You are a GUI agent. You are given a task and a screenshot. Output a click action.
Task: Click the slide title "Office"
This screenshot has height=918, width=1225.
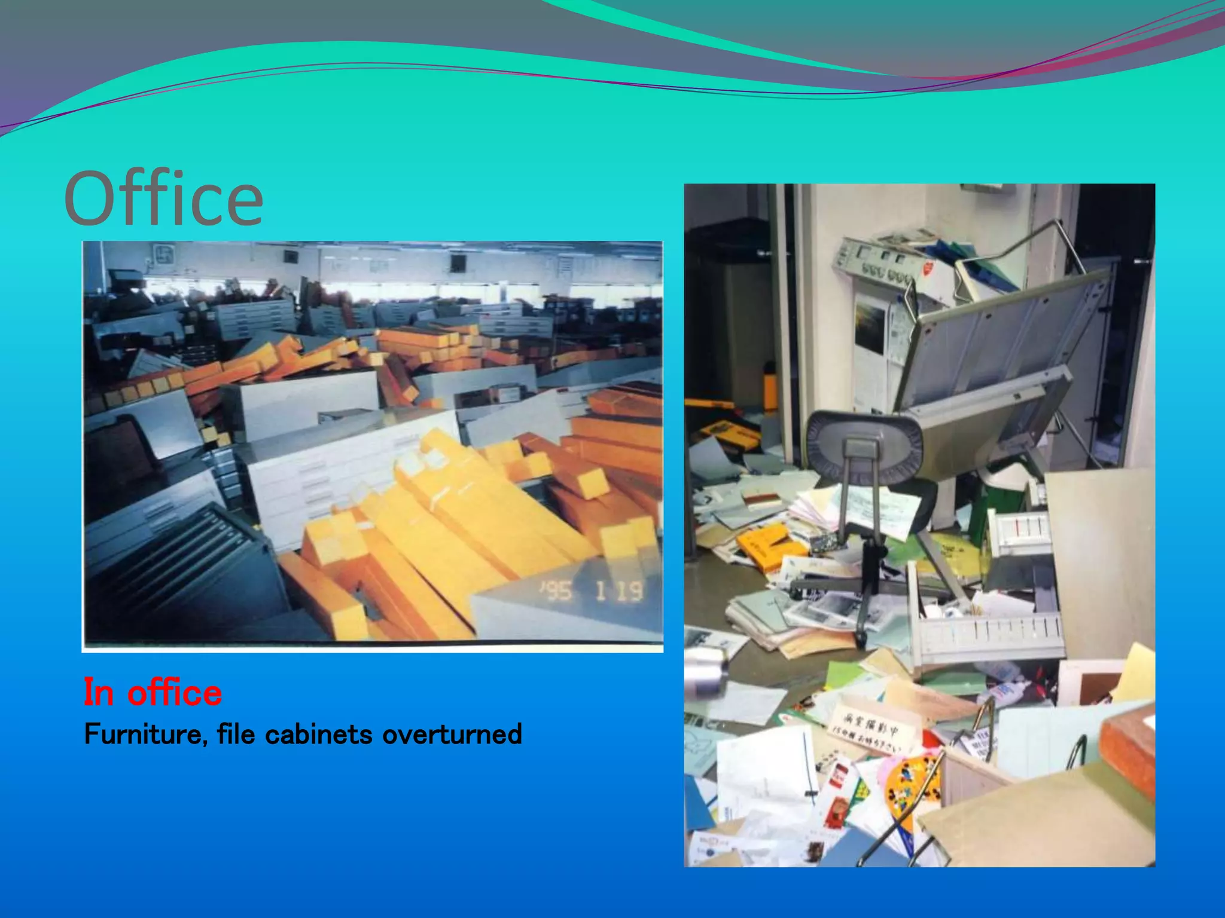click(163, 198)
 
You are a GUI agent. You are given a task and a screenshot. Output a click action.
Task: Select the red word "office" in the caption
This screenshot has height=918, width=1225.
click(175, 693)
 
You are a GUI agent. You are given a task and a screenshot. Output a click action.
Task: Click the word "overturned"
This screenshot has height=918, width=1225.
click(452, 735)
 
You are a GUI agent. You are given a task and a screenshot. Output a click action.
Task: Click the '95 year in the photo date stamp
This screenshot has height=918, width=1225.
click(557, 592)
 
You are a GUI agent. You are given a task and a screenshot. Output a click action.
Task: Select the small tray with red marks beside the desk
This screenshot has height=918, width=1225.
click(1020, 529)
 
